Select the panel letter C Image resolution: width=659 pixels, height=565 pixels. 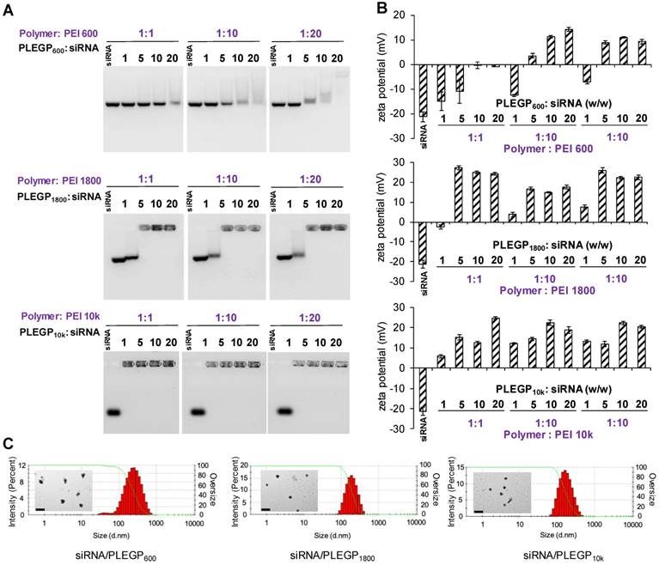[x=9, y=445]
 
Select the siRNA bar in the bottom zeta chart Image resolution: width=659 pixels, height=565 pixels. [x=424, y=390]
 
